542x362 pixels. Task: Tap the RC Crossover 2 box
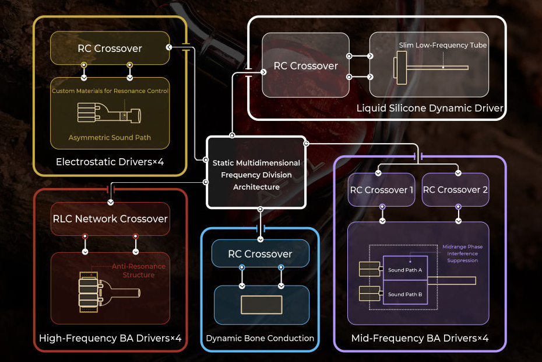click(456, 190)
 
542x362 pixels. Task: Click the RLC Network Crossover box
click(110, 219)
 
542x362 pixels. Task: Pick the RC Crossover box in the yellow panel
click(110, 48)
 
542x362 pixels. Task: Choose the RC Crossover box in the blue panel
click(260, 254)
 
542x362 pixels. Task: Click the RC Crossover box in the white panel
click(306, 66)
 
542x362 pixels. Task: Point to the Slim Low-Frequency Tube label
click(442, 45)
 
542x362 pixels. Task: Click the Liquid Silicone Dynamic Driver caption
click(430, 108)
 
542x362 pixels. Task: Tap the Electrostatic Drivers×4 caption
click(110, 161)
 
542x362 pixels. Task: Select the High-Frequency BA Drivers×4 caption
click(110, 338)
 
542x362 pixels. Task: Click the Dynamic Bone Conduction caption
click(260, 338)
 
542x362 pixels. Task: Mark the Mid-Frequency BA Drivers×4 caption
click(420, 338)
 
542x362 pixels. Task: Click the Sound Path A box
click(404, 270)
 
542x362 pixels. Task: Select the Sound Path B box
click(404, 294)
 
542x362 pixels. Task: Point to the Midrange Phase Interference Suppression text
click(462, 253)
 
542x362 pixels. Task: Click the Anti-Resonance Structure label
click(139, 270)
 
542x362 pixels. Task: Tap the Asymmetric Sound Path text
click(110, 137)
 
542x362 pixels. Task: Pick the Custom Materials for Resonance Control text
click(110, 91)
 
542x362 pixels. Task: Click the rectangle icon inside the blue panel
click(261, 305)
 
